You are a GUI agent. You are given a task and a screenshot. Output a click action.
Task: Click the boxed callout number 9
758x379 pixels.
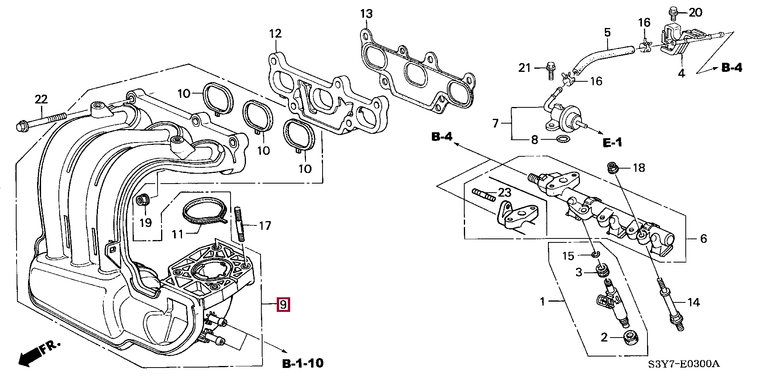tap(283, 304)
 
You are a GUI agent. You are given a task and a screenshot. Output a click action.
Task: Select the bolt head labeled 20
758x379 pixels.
tap(673, 13)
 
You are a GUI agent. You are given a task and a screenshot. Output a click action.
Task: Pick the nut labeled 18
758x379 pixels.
tap(613, 168)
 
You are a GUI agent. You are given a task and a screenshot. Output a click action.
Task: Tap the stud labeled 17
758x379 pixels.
tap(240, 224)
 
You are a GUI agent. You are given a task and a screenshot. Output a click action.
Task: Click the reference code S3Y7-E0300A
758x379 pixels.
tap(683, 364)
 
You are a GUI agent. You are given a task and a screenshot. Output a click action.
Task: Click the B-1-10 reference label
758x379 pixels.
tap(303, 363)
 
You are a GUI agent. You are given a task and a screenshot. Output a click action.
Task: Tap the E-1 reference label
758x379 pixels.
tap(612, 142)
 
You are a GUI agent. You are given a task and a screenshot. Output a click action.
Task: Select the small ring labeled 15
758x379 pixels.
tap(596, 253)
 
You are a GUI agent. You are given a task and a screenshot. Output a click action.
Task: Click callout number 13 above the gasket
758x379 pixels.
tap(366, 14)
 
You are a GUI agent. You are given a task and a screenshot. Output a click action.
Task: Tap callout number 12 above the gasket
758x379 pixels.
tap(276, 34)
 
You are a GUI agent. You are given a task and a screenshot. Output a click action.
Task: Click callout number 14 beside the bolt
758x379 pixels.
tap(694, 302)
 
